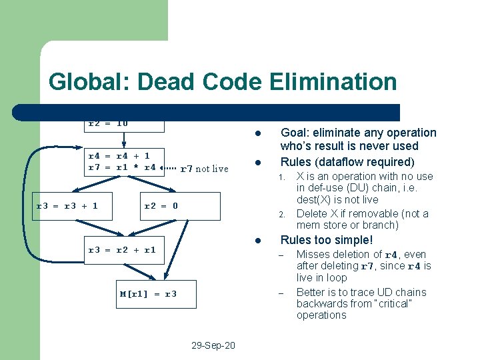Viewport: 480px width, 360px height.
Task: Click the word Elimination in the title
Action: coord(333,82)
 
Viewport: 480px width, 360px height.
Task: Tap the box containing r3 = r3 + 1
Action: coord(67,206)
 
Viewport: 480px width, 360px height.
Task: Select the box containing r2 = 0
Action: coord(180,206)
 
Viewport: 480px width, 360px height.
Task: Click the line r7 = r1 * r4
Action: coord(122,167)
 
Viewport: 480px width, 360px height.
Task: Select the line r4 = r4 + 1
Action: coord(119,156)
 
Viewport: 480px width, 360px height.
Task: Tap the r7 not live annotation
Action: coord(204,169)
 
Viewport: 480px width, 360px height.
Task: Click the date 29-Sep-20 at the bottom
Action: coord(213,346)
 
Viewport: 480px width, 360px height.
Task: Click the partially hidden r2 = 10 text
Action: coord(108,124)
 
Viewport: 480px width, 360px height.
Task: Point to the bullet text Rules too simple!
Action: coord(327,240)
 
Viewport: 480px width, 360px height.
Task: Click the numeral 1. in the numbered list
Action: coord(282,177)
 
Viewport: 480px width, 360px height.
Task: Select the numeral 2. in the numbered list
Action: coord(282,215)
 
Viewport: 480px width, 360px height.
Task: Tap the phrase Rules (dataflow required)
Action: coord(347,162)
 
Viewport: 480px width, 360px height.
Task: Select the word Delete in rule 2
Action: coord(311,214)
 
